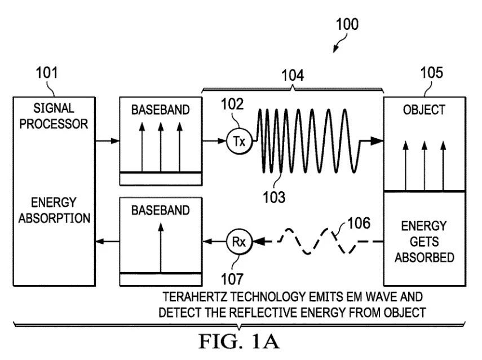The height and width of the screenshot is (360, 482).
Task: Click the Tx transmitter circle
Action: pos(239,141)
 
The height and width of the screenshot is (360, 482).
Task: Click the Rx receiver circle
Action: pos(239,242)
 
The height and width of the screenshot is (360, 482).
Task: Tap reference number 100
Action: pos(347,24)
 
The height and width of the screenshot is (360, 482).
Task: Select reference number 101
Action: pos(47,73)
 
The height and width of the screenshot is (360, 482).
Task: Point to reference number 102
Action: pos(232,104)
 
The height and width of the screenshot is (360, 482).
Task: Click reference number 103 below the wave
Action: pos(274,197)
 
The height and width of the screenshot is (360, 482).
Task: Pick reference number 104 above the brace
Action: pos(293,76)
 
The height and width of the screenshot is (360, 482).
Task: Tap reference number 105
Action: pos(432,73)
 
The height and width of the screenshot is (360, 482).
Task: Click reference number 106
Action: pos(359,223)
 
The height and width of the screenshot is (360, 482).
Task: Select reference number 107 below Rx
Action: pos(232,279)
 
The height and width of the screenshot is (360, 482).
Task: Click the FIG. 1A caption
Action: pos(239,341)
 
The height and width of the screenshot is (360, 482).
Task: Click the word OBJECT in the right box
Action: pos(424,110)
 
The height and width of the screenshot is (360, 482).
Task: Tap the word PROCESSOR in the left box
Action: pos(54,124)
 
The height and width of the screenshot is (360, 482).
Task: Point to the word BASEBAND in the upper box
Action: pos(161,110)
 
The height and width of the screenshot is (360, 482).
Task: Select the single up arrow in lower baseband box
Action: pos(161,248)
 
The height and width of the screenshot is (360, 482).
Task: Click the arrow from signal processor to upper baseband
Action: pos(107,141)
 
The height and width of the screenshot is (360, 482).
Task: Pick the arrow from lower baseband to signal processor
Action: pos(107,242)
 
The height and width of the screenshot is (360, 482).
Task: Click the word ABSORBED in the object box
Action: pos(424,257)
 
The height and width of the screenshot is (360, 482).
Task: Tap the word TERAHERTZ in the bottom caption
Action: pos(195,297)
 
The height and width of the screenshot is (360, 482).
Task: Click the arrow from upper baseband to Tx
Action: pos(214,141)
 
